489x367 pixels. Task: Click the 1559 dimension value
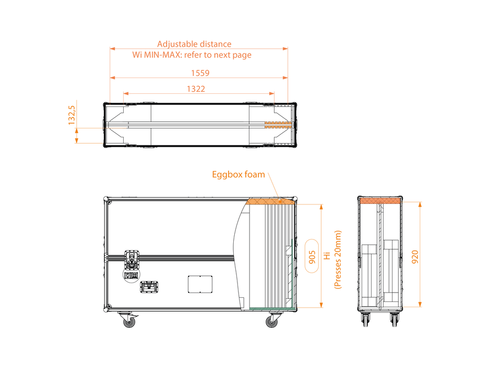[x=200, y=73]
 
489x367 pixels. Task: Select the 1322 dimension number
[x=196, y=89]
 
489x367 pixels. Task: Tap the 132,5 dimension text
[x=72, y=115]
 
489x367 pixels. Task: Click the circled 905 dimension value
[x=312, y=256]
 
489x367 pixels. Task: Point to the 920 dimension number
[x=415, y=256]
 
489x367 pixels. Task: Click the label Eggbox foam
[x=238, y=175]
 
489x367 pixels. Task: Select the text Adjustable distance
[x=194, y=44]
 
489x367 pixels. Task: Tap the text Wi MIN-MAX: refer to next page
[x=192, y=55]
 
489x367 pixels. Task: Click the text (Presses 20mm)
[x=338, y=260]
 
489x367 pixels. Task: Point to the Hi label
[x=327, y=256]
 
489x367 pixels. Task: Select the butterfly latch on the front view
[x=132, y=259]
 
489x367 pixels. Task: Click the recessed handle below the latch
[x=149, y=287]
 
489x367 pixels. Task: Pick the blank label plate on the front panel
[x=200, y=284]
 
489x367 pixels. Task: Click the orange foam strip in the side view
[x=381, y=201]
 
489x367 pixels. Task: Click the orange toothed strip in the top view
[x=278, y=125]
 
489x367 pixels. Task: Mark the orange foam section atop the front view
[x=270, y=201]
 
